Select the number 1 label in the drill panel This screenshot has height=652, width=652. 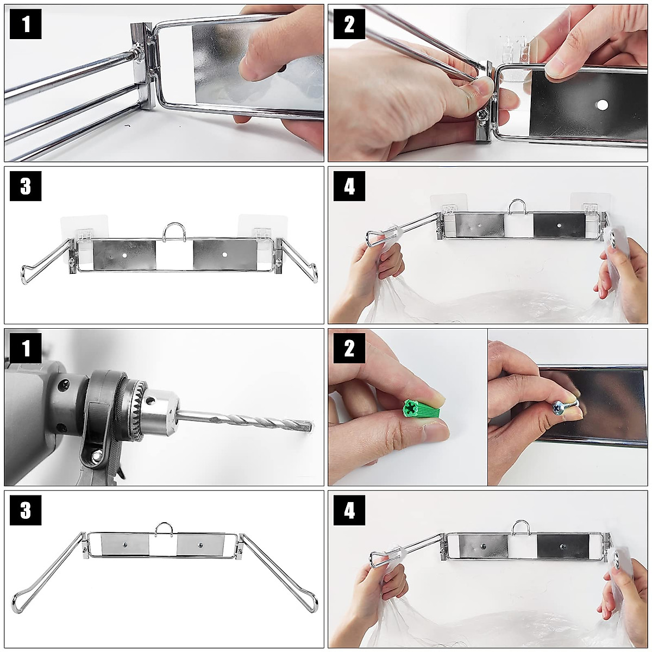click(26, 348)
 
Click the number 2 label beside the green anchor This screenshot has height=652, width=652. click(349, 348)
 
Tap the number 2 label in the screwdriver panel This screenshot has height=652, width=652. click(349, 24)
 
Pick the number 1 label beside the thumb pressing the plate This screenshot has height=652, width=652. click(26, 24)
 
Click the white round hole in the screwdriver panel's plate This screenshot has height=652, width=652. click(602, 105)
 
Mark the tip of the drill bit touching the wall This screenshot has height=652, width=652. click(311, 424)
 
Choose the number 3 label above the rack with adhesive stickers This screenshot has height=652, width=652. click(26, 186)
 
